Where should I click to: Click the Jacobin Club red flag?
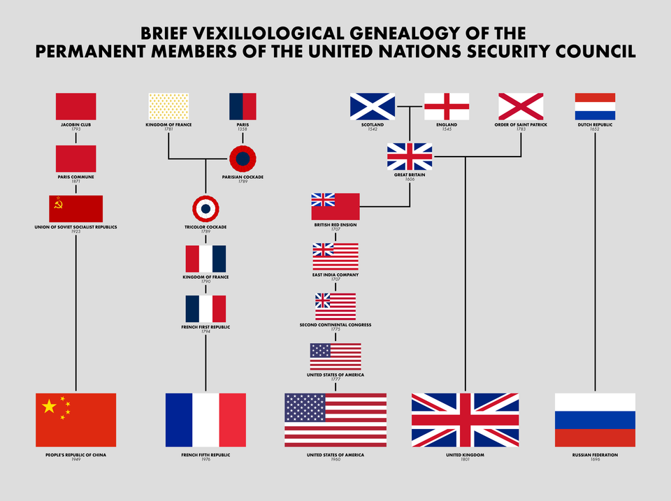click(x=76, y=106)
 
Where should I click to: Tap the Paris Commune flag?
click(x=76, y=159)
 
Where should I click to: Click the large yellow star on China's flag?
click(x=49, y=406)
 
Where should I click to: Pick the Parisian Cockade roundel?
click(x=243, y=159)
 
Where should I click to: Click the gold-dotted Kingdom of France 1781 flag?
click(x=168, y=106)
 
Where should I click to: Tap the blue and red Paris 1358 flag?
click(x=243, y=106)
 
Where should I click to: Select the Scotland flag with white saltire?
click(x=373, y=106)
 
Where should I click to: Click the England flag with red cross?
click(x=447, y=106)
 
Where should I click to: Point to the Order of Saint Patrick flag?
click(x=521, y=106)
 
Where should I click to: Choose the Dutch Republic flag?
click(x=595, y=106)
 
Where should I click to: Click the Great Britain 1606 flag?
click(x=410, y=157)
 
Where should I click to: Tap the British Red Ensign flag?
click(x=335, y=207)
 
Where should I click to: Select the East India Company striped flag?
click(x=335, y=256)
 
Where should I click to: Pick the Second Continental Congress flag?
click(x=335, y=306)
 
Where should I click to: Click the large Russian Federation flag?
click(x=595, y=419)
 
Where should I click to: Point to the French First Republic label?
click(x=205, y=327)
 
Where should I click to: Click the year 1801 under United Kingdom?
click(x=465, y=460)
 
